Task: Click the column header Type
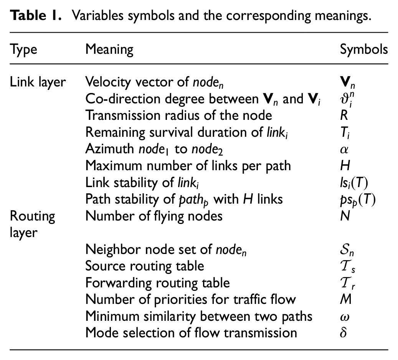pyautogui.click(x=23, y=50)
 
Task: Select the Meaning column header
pyautogui.click(x=109, y=49)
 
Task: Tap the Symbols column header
pyautogui.click(x=364, y=49)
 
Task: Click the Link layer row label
pyautogui.click(x=38, y=82)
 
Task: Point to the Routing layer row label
pyautogui.click(x=32, y=224)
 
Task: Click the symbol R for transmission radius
pyautogui.click(x=344, y=115)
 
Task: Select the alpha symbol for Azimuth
pyautogui.click(x=344, y=149)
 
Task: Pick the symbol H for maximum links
pyautogui.click(x=345, y=166)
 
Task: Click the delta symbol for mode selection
pyautogui.click(x=344, y=333)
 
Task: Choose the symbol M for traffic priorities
pyautogui.click(x=346, y=299)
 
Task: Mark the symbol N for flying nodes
pyautogui.click(x=345, y=216)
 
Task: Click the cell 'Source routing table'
pyautogui.click(x=145, y=266)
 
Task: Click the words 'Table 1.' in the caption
pyautogui.click(x=36, y=15)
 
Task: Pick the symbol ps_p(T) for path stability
pyautogui.click(x=358, y=200)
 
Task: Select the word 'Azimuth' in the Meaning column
pyautogui.click(x=109, y=149)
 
